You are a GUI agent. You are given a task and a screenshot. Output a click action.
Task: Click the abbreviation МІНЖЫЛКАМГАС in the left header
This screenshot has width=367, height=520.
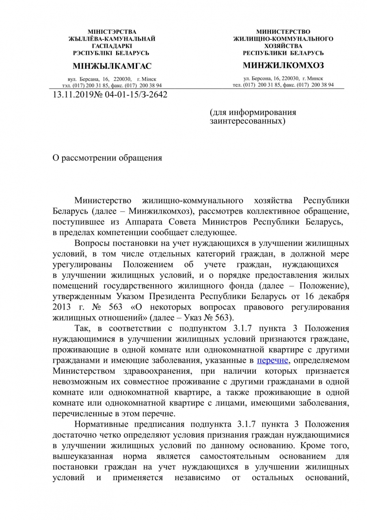pyautogui.click(x=112, y=66)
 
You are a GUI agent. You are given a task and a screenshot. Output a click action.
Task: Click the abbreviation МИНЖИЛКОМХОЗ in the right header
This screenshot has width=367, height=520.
pyautogui.click(x=283, y=65)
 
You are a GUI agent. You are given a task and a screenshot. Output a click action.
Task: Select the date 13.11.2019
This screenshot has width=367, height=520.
pyautogui.click(x=72, y=95)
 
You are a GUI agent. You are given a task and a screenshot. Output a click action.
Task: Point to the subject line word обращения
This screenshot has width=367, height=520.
pyautogui.click(x=139, y=158)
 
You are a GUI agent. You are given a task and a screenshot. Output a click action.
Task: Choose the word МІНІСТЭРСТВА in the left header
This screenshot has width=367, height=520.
pyautogui.click(x=112, y=32)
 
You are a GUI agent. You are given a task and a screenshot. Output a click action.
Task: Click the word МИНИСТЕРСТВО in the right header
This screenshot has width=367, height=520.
pyautogui.click(x=283, y=32)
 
